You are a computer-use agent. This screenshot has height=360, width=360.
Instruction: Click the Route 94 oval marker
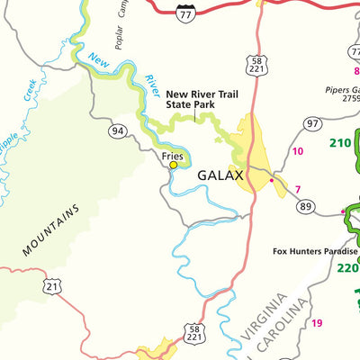(x=117, y=132)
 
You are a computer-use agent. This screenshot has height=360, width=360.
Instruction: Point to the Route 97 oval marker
(x=312, y=123)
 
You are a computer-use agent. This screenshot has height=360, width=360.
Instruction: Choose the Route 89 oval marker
(x=306, y=207)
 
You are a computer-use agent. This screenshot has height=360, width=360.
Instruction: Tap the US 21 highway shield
(x=52, y=286)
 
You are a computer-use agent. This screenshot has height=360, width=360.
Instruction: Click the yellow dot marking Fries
(x=174, y=165)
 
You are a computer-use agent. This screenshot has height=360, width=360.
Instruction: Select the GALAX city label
(x=220, y=175)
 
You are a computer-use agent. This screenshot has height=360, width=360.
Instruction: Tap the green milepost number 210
(x=339, y=142)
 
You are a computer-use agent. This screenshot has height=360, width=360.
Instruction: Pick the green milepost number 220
(x=346, y=267)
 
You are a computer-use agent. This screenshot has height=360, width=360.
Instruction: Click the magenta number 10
(x=298, y=151)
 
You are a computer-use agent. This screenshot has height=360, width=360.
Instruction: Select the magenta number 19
(x=317, y=323)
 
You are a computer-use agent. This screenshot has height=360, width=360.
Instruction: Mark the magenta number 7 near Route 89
(x=297, y=189)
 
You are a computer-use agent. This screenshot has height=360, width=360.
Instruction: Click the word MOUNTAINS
(x=51, y=231)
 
